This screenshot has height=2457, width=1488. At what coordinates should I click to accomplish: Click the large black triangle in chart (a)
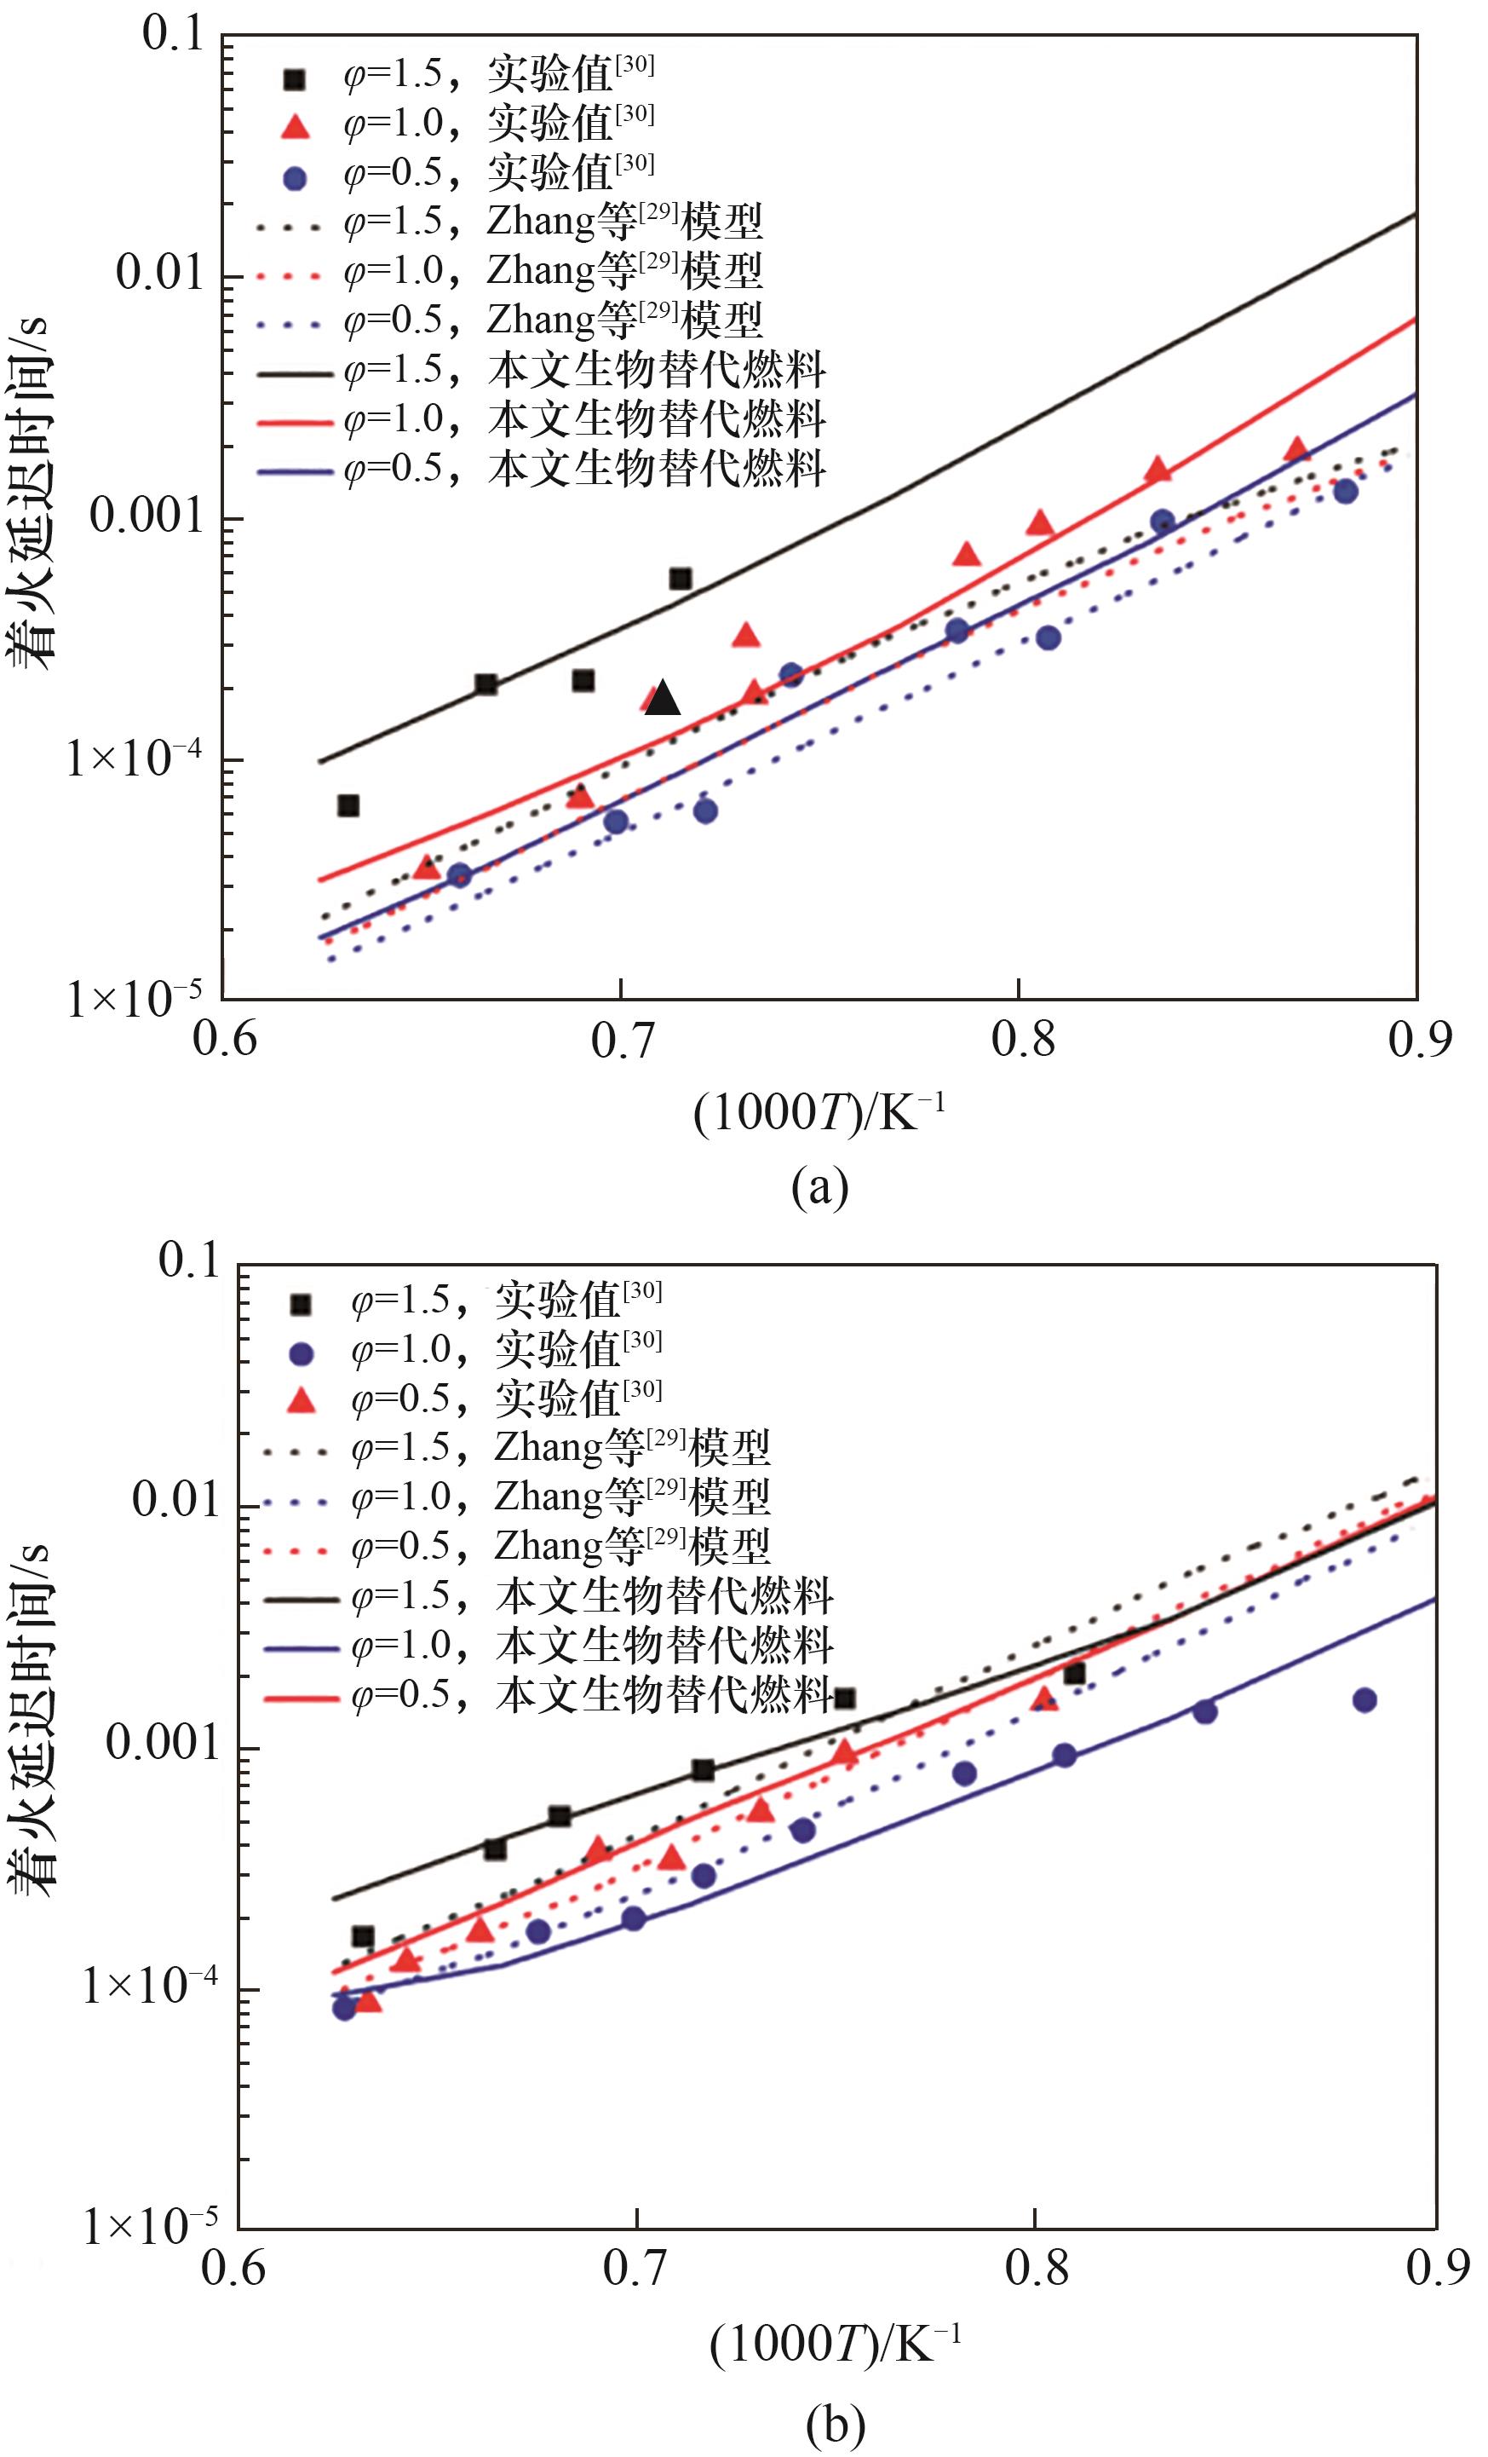[x=663, y=699]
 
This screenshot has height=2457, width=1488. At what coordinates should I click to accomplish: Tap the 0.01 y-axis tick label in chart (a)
[x=160, y=271]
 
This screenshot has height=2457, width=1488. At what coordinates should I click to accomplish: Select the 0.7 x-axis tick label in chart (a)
[x=622, y=1040]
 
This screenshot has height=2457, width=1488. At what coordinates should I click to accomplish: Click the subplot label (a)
[x=819, y=1186]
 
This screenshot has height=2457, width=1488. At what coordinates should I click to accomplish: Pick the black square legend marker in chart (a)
[x=295, y=80]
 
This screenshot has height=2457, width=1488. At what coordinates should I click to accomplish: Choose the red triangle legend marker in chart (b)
[x=301, y=1401]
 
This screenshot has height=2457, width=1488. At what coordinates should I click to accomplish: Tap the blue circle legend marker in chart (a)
[x=295, y=177]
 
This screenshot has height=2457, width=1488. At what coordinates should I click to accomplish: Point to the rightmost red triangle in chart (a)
[x=1295, y=450]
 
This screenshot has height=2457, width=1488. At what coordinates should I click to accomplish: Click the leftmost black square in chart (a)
[x=348, y=805]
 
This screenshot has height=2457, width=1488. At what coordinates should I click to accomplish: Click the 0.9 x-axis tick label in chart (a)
[x=1419, y=1040]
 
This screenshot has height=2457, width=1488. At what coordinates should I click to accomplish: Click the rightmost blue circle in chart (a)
[x=1346, y=491]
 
